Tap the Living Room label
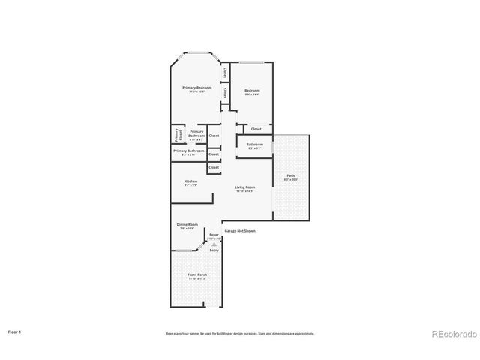pos(244,188)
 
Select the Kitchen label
pos(191,183)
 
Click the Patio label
pos(290,177)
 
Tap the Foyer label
pos(214,235)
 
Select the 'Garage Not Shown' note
pos(240,231)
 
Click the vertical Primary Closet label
pos(178,136)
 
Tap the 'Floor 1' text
pos(15,331)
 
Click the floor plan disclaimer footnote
pos(240,333)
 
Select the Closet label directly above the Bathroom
pos(256,129)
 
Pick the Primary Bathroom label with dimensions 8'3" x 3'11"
pos(188,152)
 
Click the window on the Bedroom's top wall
pos(251,63)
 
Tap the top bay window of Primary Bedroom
pos(197,53)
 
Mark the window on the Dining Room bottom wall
pos(185,250)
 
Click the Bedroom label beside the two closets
pos(252,91)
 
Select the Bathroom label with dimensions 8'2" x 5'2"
pos(254,145)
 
